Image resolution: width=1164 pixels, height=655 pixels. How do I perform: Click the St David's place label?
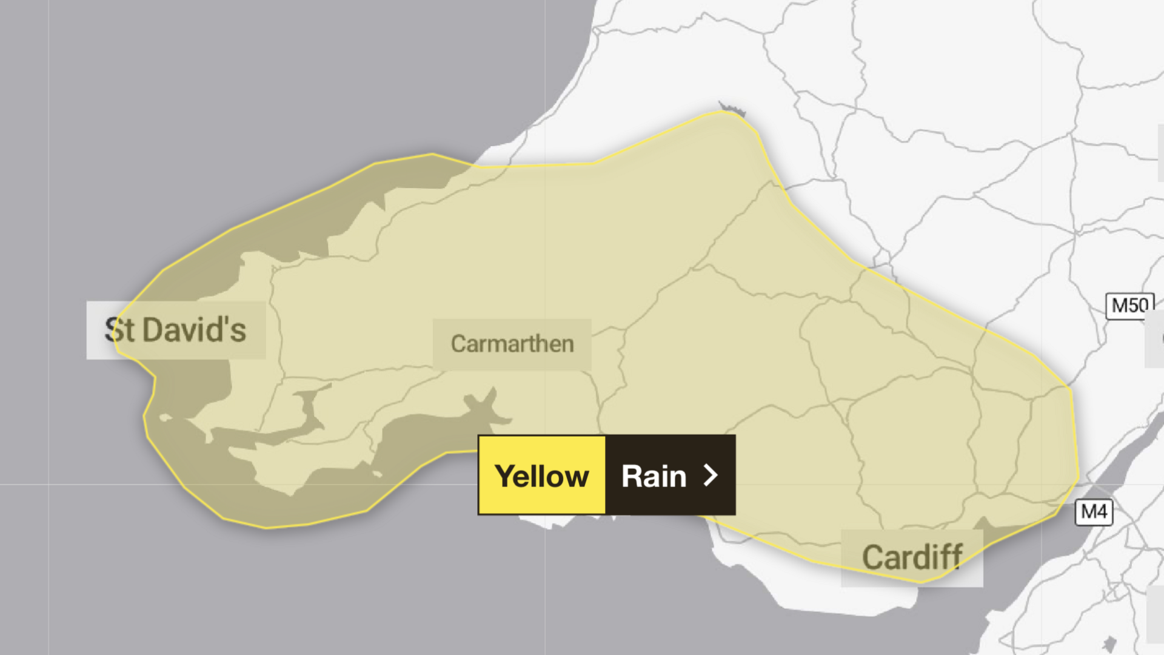coord(176,330)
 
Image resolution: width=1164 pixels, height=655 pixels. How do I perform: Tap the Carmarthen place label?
coord(512,344)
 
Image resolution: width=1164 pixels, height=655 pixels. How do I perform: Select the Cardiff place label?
coord(912,557)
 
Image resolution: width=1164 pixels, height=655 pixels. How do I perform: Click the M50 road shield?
coord(1129,306)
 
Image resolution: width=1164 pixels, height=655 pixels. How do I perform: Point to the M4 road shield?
coord(1094,512)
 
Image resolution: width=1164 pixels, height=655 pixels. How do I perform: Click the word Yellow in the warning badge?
coord(541,476)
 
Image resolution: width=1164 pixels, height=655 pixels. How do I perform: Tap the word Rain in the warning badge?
coord(654,476)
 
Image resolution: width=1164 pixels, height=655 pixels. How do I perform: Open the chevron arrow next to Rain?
coord(711,475)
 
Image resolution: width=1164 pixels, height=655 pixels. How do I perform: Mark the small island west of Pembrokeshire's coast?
coord(165,418)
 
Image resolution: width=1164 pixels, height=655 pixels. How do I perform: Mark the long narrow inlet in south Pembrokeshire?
coord(273,432)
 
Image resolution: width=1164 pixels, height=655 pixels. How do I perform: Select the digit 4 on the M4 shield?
coord(1102,512)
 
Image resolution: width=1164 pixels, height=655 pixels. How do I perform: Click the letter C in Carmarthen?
coord(458,344)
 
